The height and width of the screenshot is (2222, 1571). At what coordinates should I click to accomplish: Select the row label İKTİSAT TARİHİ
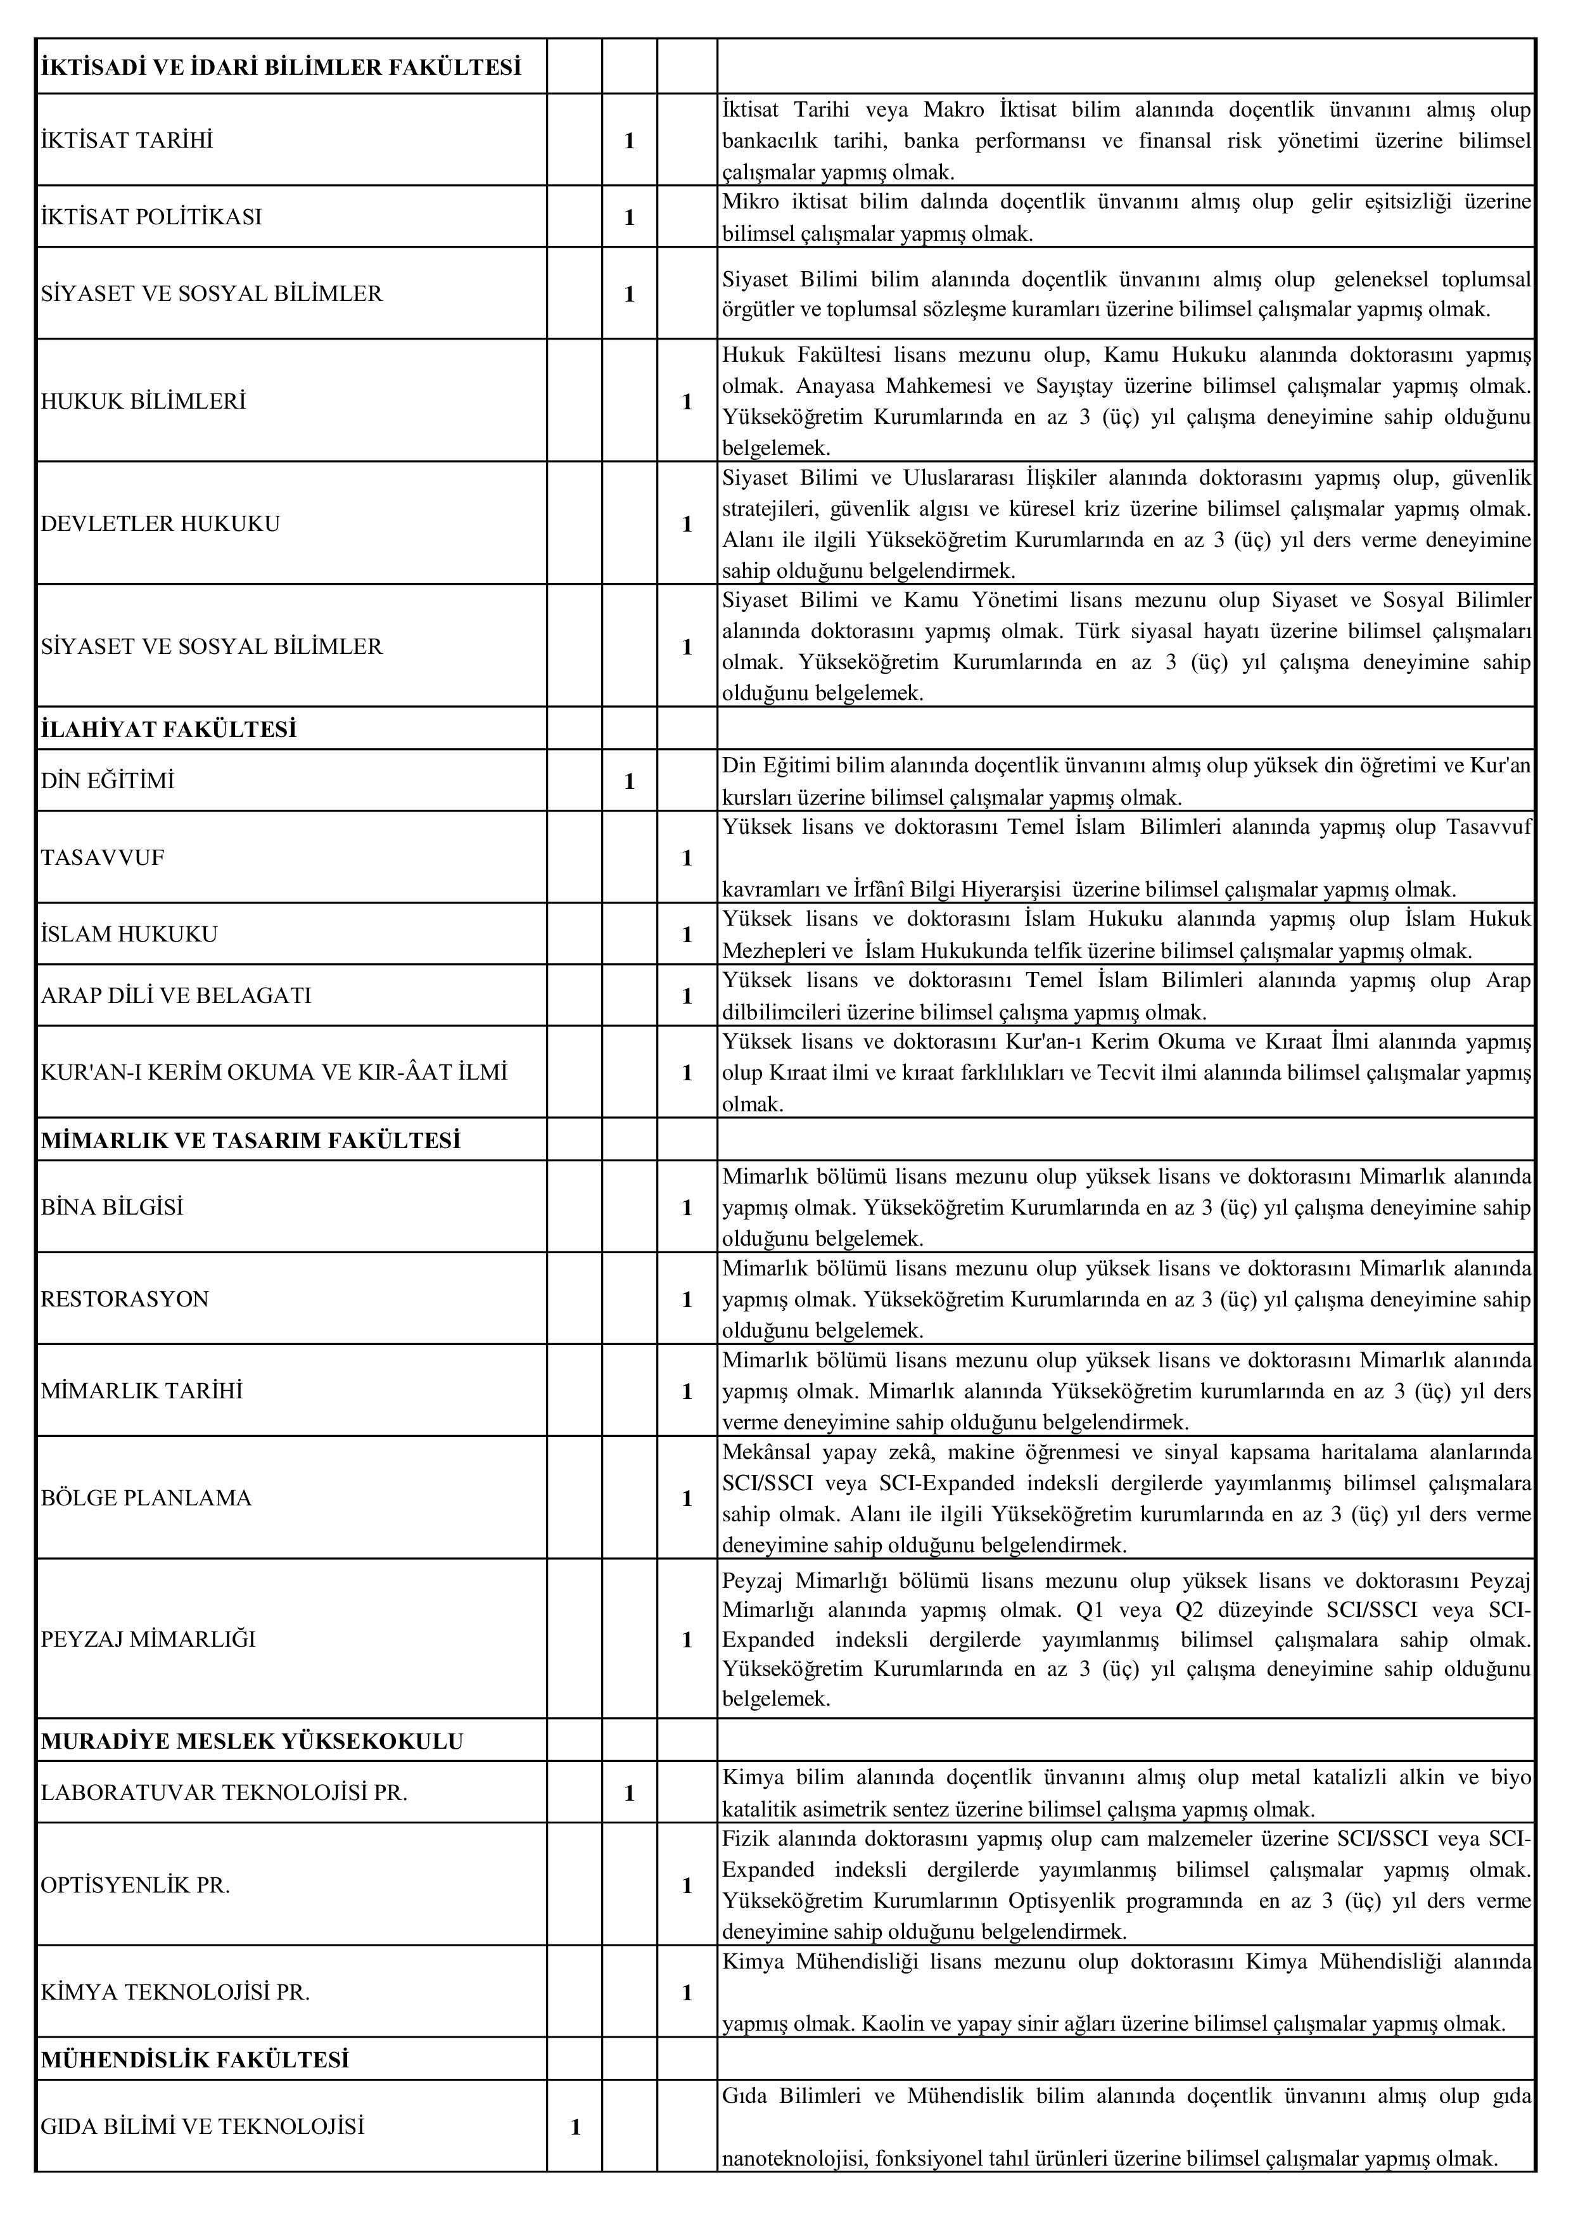point(127,140)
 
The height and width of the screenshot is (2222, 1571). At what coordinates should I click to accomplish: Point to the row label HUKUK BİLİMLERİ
point(143,400)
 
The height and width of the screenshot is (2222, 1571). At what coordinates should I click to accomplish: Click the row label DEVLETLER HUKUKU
point(160,523)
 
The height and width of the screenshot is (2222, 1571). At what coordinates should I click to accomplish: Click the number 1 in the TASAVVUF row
point(687,857)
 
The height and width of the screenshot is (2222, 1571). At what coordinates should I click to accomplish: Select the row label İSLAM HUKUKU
point(130,934)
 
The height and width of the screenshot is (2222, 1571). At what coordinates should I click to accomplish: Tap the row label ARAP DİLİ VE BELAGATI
point(176,996)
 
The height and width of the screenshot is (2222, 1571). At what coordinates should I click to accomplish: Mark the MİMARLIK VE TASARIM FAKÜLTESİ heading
point(251,1140)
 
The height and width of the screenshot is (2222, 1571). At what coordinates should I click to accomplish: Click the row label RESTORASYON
point(125,1299)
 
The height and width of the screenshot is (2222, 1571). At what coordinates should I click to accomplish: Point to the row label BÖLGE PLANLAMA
point(146,1498)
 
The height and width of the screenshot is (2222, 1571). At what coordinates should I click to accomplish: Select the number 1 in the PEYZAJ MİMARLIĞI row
point(687,1639)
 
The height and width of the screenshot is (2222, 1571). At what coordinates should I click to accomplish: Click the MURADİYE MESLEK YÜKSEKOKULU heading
point(253,1741)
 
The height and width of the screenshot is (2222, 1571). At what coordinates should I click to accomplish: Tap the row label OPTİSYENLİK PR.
point(136,1885)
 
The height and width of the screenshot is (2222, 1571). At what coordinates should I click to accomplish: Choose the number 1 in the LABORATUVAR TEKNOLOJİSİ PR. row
point(630,1792)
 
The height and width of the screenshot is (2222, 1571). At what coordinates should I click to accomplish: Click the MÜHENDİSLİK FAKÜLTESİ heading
point(194,2059)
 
